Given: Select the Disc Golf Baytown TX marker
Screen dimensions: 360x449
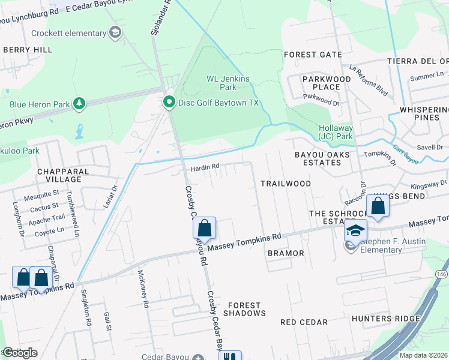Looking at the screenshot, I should click(x=170, y=103).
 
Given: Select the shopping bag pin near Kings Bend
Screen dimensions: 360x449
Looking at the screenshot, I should click(x=378, y=206).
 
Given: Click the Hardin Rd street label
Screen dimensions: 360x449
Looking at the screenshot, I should click(x=205, y=168).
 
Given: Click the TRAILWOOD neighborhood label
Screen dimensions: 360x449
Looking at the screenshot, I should click(x=285, y=183).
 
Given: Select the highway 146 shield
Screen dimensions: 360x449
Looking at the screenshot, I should click(x=441, y=273).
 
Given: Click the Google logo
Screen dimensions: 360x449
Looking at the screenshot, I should click(x=20, y=353).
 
